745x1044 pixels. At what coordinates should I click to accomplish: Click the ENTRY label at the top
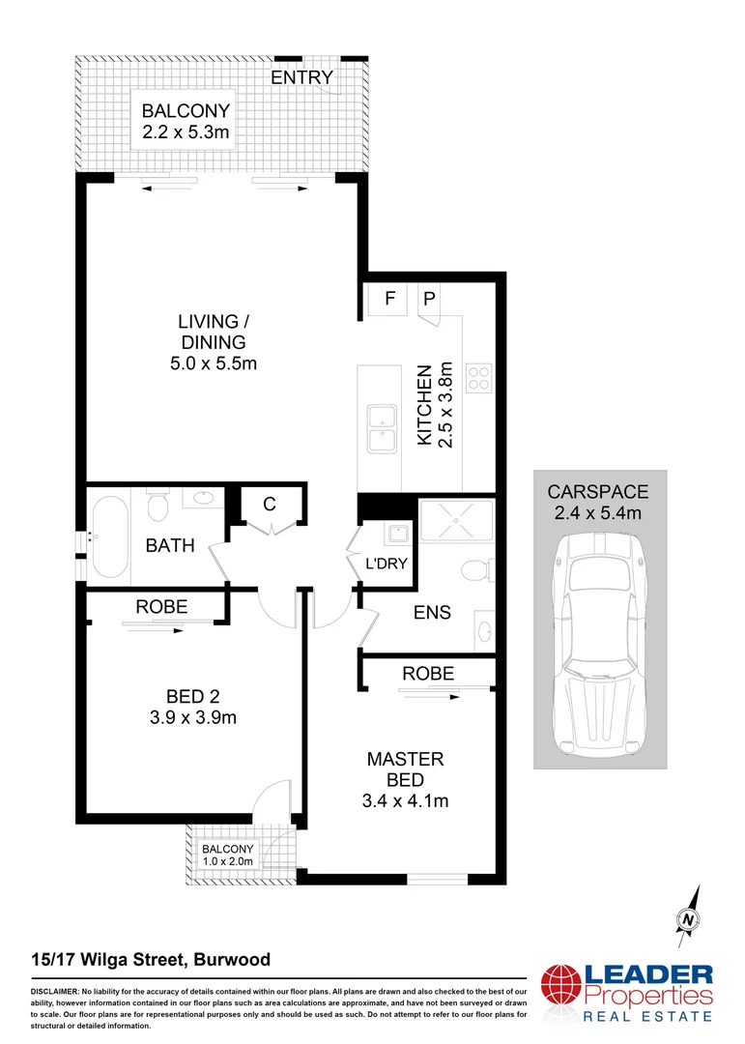click(301, 77)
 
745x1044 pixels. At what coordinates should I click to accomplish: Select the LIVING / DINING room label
click(212, 331)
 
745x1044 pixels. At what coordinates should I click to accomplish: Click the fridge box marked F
click(390, 300)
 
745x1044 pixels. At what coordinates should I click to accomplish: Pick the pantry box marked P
click(429, 300)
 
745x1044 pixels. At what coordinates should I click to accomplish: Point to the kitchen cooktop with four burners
click(479, 377)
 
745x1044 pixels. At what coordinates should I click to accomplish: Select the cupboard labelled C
click(270, 504)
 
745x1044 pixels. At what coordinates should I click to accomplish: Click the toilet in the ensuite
click(473, 570)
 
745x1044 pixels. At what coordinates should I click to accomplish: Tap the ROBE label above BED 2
click(161, 607)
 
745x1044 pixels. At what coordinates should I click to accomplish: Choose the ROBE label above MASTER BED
click(428, 674)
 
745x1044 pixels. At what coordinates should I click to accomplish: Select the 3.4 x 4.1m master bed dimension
click(405, 800)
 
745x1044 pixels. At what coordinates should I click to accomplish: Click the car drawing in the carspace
click(600, 638)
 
